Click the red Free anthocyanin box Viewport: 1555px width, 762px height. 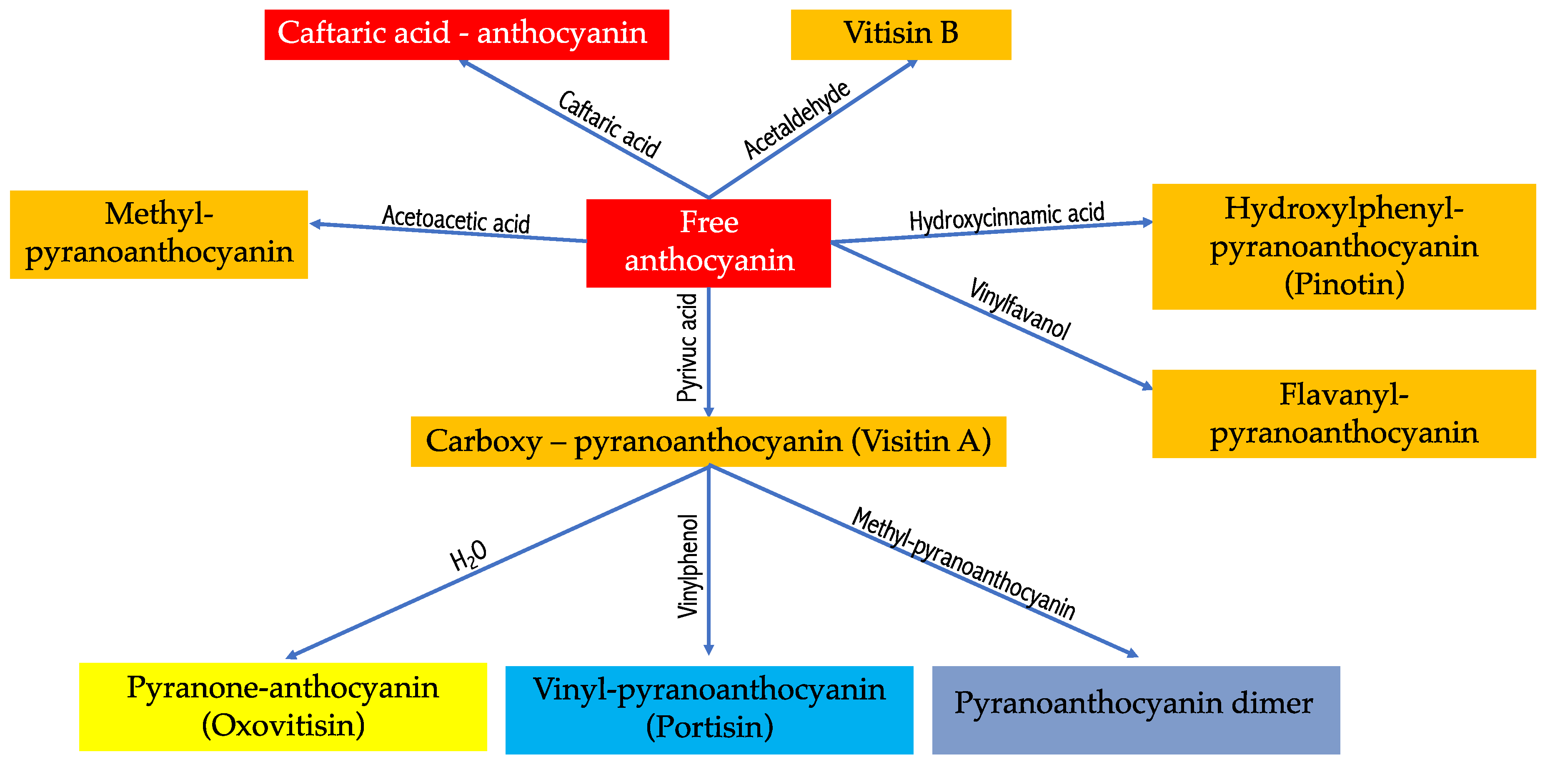708,243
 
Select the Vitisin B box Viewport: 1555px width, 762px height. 900,35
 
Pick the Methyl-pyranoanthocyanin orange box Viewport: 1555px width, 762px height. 159,234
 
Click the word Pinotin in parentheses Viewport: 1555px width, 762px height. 1344,284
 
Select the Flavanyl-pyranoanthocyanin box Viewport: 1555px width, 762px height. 1343,414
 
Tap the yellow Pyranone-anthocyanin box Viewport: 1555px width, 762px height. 283,707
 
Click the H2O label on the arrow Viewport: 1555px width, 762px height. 468,556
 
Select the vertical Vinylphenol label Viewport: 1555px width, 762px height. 688,566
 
